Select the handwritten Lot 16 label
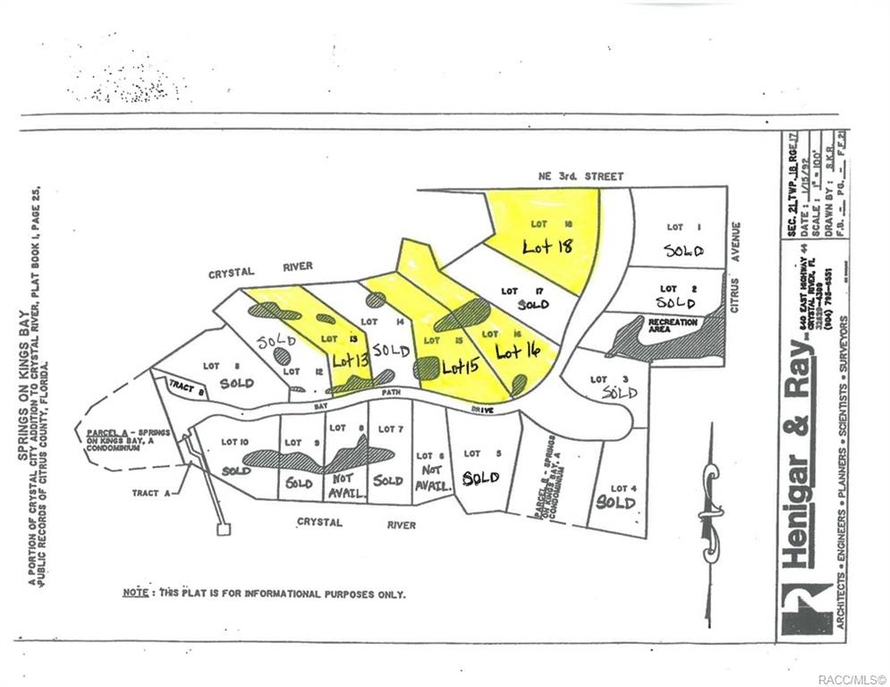tap(520, 352)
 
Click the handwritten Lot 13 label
tap(350, 360)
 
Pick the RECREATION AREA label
tap(673, 325)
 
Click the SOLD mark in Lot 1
tap(684, 250)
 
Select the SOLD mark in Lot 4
tap(616, 503)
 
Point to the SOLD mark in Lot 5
tap(480, 478)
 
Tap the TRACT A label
tap(145, 492)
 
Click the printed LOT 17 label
tap(511, 291)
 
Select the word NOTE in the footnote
tap(135, 592)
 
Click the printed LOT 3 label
tap(598, 379)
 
